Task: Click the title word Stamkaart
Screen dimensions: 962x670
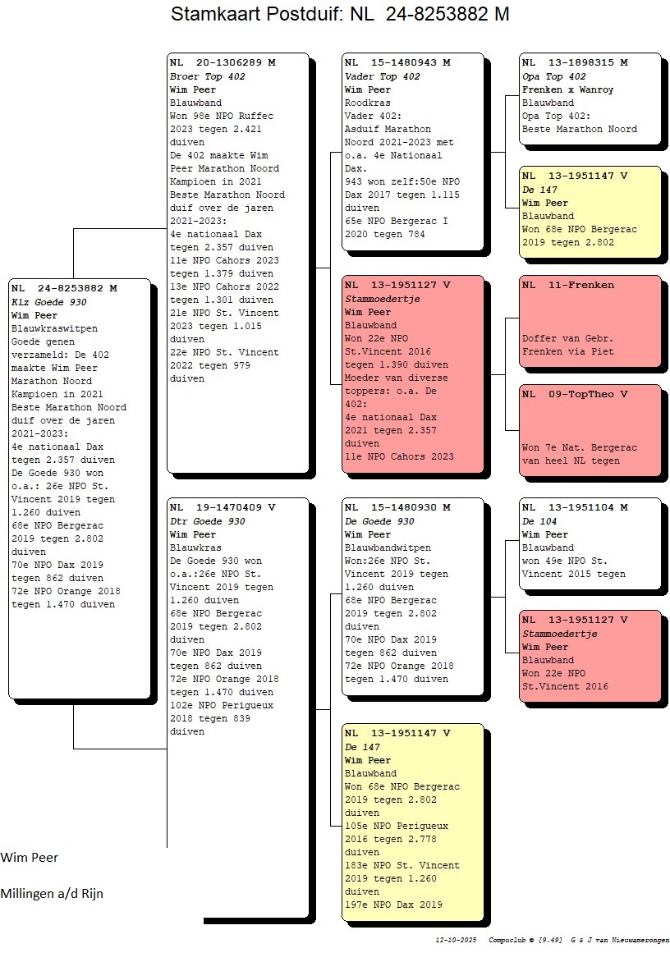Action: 216,15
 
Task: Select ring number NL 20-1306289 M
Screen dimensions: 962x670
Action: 223,62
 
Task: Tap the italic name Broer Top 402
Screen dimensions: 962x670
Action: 207,76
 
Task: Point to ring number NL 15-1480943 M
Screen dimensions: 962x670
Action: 397,62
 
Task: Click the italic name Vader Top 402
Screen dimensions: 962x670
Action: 382,76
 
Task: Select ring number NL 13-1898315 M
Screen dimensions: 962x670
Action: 575,62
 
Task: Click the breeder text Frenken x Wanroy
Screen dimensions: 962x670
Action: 567,89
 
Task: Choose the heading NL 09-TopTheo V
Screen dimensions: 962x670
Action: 575,394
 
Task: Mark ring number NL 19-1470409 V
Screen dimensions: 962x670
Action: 223,507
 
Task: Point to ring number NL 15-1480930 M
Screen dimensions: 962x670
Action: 397,507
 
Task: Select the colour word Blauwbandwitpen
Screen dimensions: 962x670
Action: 388,547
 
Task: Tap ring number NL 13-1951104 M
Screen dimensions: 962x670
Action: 575,507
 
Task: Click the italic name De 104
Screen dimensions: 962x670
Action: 539,521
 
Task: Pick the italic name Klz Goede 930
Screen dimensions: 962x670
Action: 48,302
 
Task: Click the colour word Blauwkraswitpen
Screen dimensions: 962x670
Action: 54,328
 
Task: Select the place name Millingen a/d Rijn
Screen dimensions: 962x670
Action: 52,893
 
